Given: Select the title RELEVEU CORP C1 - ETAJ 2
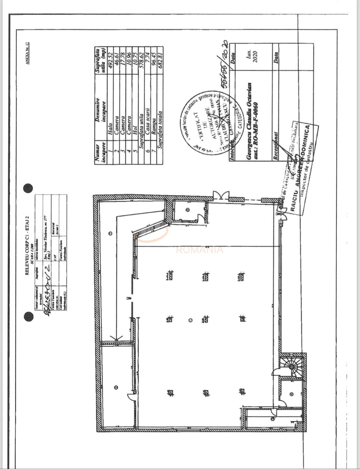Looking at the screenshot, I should (x=27, y=245).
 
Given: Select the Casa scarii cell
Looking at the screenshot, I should (x=147, y=120).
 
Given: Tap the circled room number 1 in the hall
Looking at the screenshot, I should (x=190, y=320).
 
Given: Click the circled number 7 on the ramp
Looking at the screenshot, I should (x=110, y=233).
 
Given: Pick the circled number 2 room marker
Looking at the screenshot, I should (x=116, y=387).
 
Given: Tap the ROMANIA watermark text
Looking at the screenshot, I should (x=200, y=250).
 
